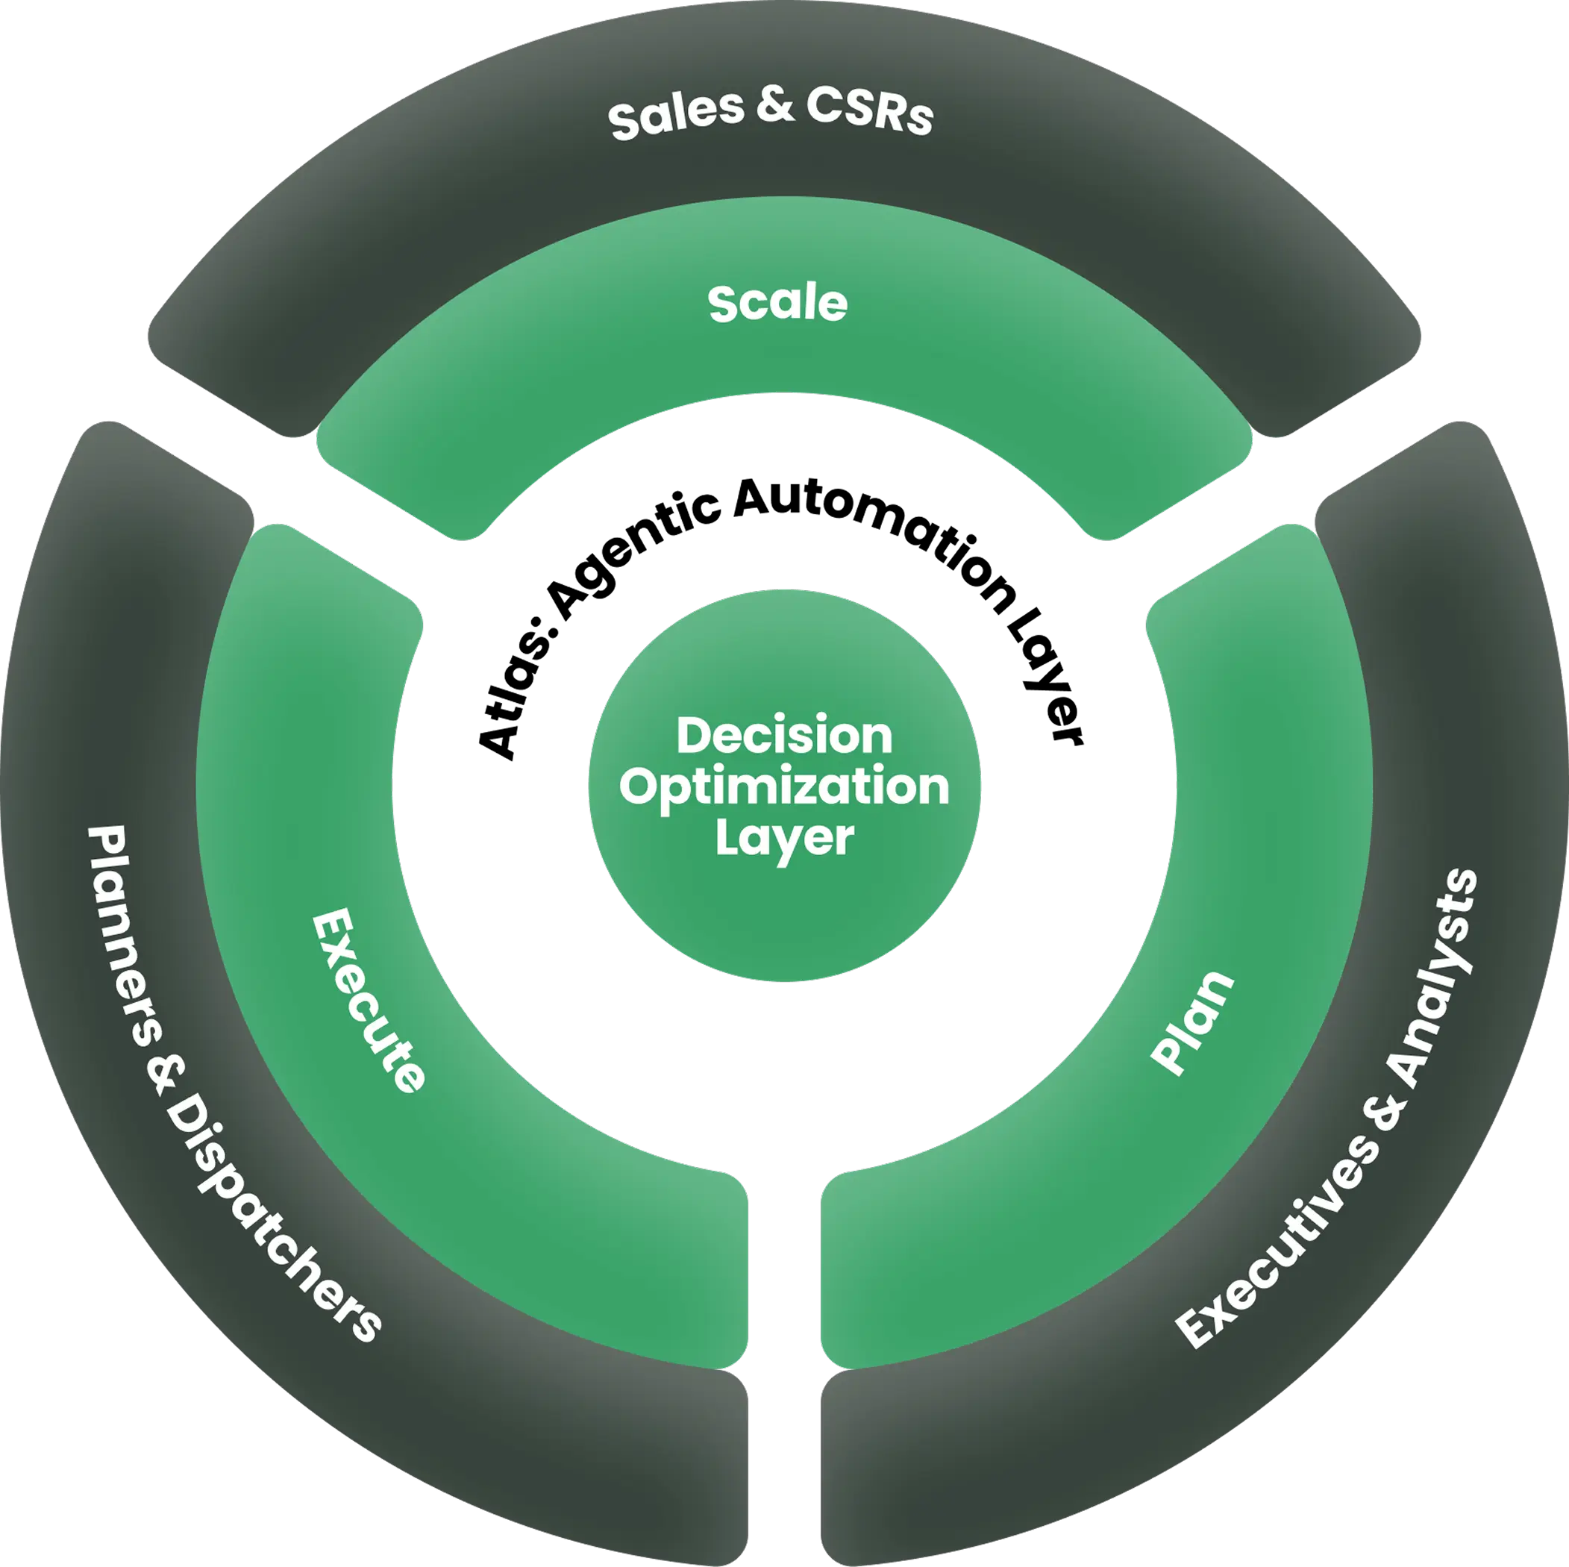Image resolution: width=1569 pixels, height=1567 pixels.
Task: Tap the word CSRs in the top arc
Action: pyautogui.click(x=869, y=112)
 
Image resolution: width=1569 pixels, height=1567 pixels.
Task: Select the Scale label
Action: pyautogui.click(x=777, y=304)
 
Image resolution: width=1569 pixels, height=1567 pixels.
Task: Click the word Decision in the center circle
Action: pyautogui.click(x=785, y=736)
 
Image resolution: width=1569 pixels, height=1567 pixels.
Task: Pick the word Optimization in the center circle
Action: pyautogui.click(x=785, y=787)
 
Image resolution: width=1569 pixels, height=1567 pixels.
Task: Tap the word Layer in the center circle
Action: pyautogui.click(x=785, y=838)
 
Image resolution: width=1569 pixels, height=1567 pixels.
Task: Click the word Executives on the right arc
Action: pyautogui.click(x=1275, y=1243)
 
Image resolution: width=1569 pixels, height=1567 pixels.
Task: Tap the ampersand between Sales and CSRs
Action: pyautogui.click(x=776, y=107)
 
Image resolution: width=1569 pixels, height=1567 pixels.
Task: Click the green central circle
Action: pyautogui.click(x=785, y=918)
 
